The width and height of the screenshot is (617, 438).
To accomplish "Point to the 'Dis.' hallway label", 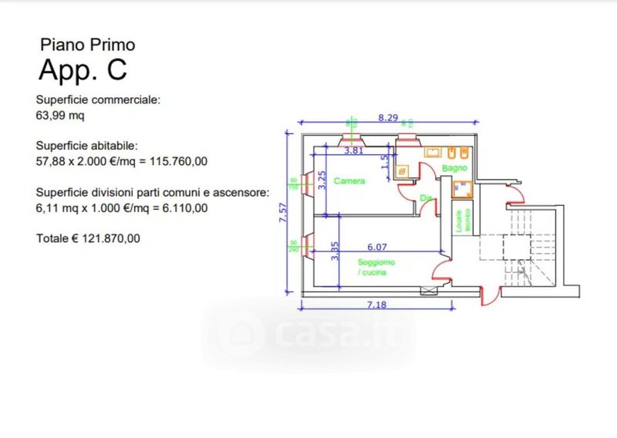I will (425, 198).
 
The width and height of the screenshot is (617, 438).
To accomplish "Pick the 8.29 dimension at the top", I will (388, 118).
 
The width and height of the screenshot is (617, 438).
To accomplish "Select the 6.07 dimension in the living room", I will (376, 247).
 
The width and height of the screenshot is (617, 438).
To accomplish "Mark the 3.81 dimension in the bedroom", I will (353, 151).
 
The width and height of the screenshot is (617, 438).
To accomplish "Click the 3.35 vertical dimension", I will (335, 252).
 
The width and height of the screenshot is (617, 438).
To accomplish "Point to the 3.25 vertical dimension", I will (322, 180).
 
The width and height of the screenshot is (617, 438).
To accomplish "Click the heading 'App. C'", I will (83, 69).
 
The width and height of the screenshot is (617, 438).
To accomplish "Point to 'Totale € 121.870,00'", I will (88, 239).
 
